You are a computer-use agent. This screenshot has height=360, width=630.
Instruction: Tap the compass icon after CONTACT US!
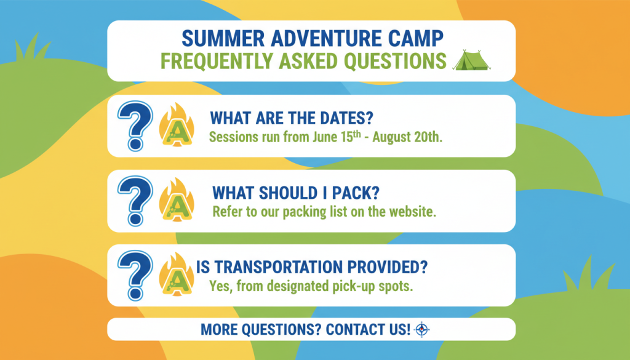click(421, 329)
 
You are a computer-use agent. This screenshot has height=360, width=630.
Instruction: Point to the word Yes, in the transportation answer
click(220, 287)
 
